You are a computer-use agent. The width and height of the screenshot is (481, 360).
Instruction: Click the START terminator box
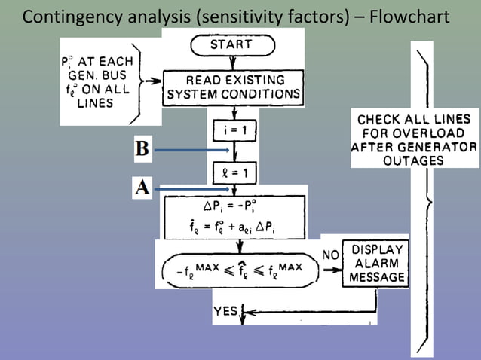(231, 45)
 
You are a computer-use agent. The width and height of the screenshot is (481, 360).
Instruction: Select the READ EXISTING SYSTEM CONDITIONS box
(233, 88)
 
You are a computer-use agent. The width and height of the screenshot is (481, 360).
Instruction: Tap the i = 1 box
(240, 130)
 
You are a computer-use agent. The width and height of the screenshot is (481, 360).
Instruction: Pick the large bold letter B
(142, 148)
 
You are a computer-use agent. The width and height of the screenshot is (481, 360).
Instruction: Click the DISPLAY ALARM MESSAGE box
(376, 264)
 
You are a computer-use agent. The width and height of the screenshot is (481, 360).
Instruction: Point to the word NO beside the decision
(330, 255)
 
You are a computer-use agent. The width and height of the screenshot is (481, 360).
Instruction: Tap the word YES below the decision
(225, 310)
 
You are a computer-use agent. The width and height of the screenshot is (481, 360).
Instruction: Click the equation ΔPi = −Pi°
(233, 206)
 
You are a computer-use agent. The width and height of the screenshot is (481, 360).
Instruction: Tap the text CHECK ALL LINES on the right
(414, 120)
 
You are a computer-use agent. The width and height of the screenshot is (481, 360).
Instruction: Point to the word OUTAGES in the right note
(414, 160)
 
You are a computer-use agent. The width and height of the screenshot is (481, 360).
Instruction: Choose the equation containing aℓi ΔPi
(233, 225)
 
